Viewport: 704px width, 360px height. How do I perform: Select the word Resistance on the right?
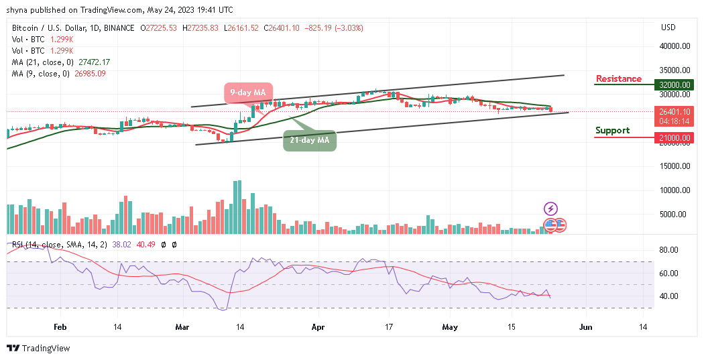tap(618, 78)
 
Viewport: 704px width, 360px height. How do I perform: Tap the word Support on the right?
tap(611, 130)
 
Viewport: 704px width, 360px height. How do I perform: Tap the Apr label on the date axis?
tap(317, 327)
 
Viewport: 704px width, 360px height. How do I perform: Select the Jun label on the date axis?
tap(586, 327)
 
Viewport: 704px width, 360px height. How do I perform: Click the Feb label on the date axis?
tap(60, 327)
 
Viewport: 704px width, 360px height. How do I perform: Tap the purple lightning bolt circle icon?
tap(550, 209)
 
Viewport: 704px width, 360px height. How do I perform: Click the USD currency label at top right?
tap(668, 27)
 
